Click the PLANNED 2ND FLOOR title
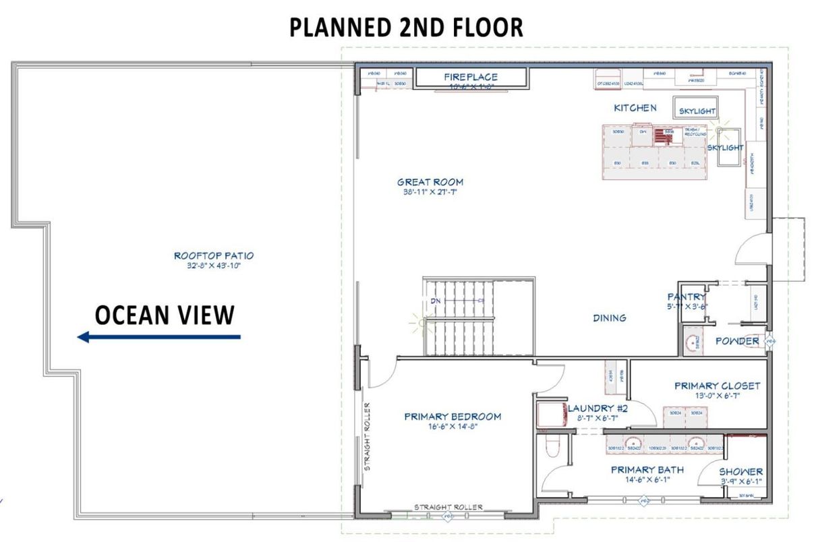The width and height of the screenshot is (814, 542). click(x=406, y=28)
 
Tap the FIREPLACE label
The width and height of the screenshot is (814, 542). click(x=471, y=77)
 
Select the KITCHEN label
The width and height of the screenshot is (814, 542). click(x=635, y=108)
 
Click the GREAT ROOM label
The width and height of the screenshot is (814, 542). click(x=430, y=182)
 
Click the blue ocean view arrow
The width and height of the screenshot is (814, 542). click(x=158, y=336)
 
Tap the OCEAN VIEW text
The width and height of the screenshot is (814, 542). click(x=165, y=315)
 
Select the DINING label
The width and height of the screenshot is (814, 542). click(x=609, y=318)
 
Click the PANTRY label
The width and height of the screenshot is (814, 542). click(x=687, y=297)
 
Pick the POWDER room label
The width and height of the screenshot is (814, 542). click(x=736, y=341)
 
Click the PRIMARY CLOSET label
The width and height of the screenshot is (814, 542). click(x=717, y=386)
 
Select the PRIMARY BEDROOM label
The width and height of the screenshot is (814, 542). click(x=453, y=417)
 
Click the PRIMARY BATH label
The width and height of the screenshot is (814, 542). click(x=647, y=470)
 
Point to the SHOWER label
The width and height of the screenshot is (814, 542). click(x=740, y=471)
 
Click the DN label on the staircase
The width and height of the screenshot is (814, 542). click(x=436, y=301)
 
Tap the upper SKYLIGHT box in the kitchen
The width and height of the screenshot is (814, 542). click(x=697, y=110)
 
